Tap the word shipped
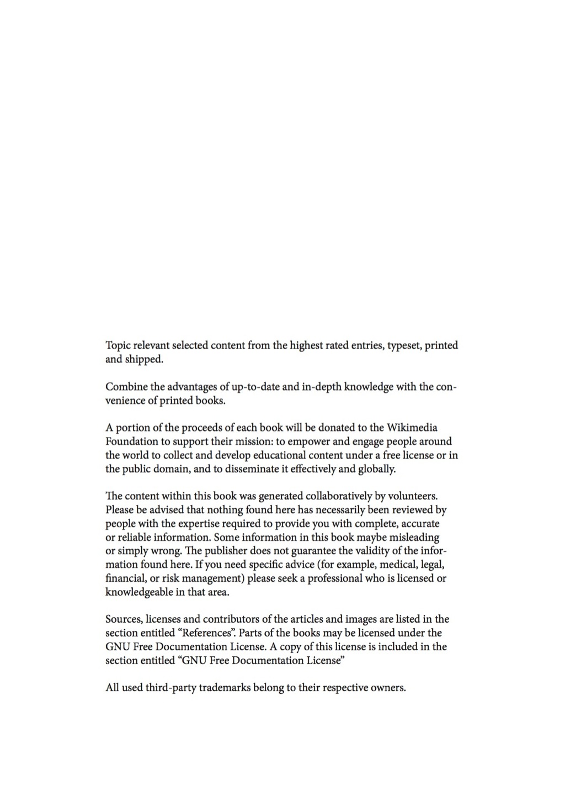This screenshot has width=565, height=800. (144, 360)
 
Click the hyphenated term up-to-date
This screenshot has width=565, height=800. (253, 387)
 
